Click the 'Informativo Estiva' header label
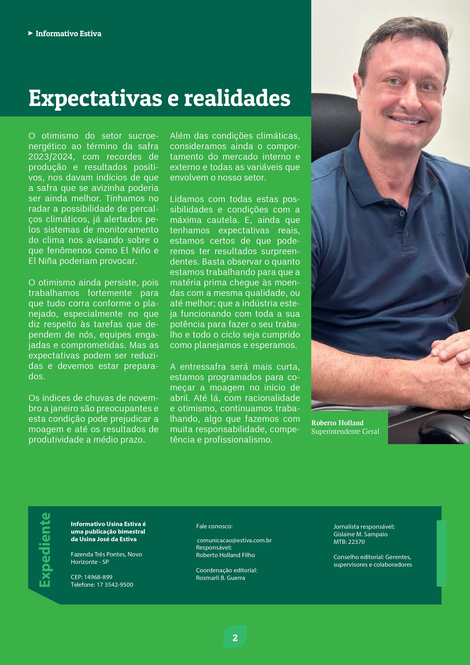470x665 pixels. tap(68, 34)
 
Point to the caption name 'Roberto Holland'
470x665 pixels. tap(337, 423)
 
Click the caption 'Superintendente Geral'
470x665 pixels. tap(345, 432)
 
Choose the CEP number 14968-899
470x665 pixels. tap(98, 577)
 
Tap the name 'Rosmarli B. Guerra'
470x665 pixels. tap(220, 578)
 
